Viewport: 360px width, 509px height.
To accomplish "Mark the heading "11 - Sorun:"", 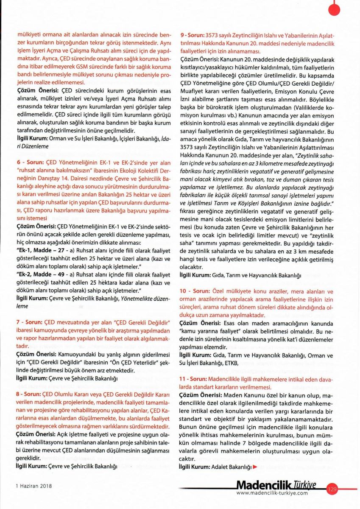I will tap(194, 378).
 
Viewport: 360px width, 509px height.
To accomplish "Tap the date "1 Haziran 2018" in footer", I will tap(33, 486).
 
